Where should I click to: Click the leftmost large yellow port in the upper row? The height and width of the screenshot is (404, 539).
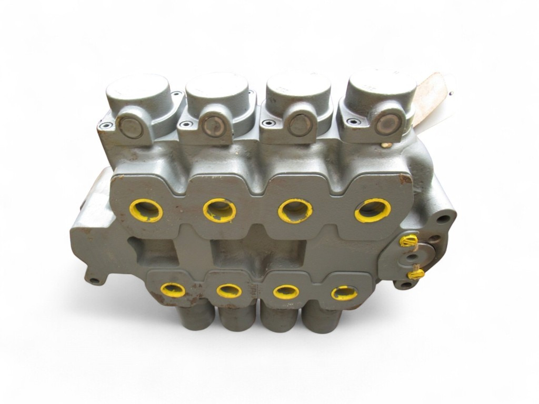coord(146,211)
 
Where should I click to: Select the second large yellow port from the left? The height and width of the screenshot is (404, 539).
coord(219,210)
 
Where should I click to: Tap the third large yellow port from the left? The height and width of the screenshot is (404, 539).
coord(295,211)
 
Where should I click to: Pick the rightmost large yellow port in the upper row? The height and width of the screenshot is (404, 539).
coord(373,210)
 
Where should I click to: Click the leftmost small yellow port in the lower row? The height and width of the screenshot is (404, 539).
coord(173,289)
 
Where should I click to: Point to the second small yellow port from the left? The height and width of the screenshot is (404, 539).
coord(229,290)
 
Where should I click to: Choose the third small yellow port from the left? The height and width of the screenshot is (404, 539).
coord(286,291)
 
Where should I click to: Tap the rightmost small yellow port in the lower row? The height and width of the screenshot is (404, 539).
coord(344,292)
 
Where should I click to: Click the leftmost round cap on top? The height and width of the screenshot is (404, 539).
coord(137,91)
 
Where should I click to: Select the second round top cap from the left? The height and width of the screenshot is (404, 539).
coord(216,89)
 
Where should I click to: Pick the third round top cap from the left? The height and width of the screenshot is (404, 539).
coord(298,89)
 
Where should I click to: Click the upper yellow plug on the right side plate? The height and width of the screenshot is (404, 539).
coord(408,241)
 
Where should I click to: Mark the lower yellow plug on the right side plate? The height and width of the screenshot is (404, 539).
coord(415,274)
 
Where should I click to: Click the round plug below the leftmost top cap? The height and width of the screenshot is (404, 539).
coord(131,127)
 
